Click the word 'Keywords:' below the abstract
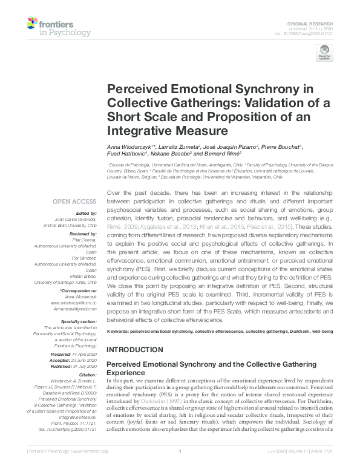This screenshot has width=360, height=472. click(x=119, y=332)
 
